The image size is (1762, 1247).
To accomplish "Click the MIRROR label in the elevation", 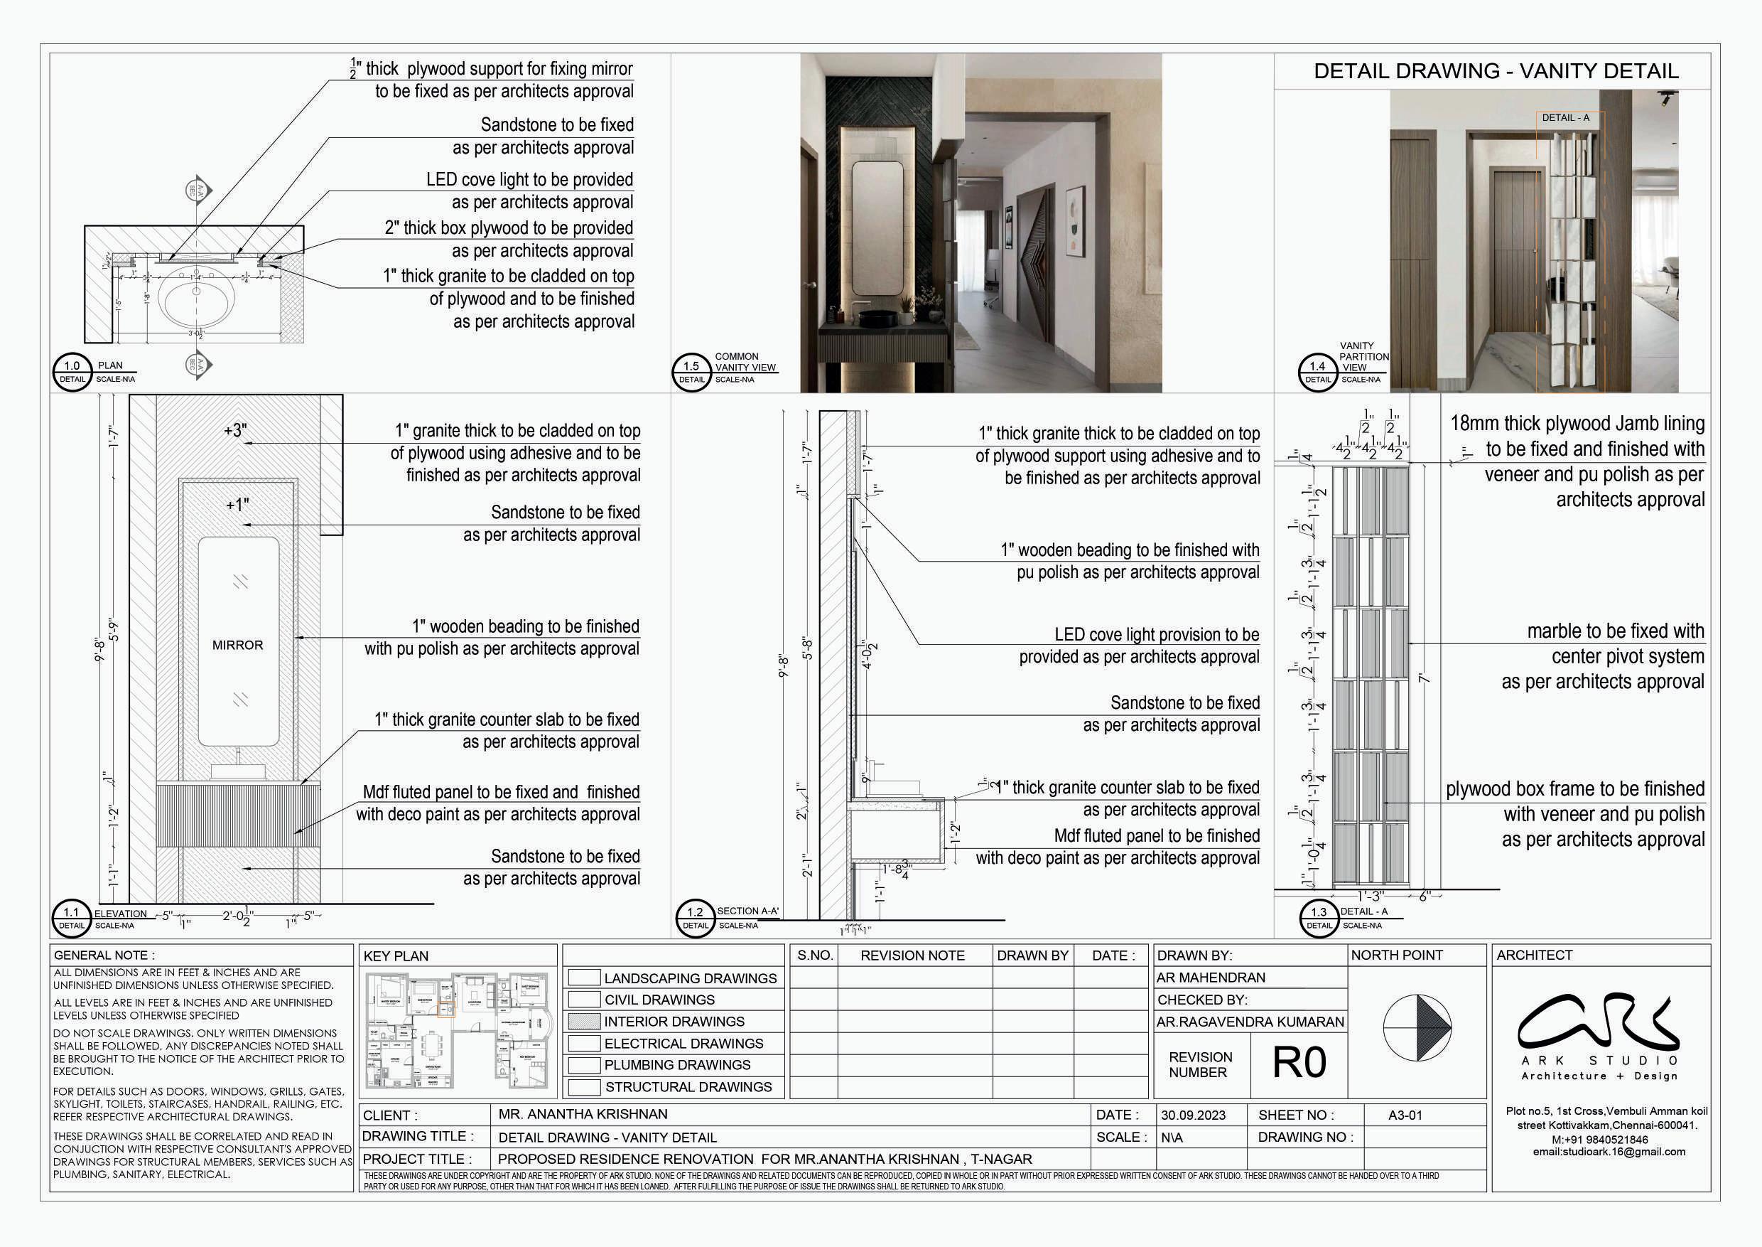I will click(237, 645).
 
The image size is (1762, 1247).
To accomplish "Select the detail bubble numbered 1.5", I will click(691, 373).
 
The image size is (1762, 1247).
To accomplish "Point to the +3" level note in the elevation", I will click(236, 430).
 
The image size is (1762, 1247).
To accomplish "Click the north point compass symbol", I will click(1417, 1027).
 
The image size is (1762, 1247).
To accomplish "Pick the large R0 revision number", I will click(1299, 1063).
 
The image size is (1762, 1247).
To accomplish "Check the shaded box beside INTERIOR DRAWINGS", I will click(584, 1021).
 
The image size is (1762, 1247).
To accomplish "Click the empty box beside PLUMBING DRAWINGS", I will click(584, 1065).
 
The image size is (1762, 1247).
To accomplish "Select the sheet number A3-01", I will click(1405, 1115).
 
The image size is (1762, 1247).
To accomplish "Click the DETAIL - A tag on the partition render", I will click(1565, 117).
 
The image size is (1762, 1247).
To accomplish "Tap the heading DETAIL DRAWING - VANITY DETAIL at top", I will click(1496, 71).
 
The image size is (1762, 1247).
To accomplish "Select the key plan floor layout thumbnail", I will click(459, 1030).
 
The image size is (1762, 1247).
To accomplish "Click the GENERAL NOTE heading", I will click(104, 956).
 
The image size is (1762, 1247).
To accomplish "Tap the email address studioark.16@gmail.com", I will click(1609, 1151).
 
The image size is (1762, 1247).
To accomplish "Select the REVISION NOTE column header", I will click(912, 956).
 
